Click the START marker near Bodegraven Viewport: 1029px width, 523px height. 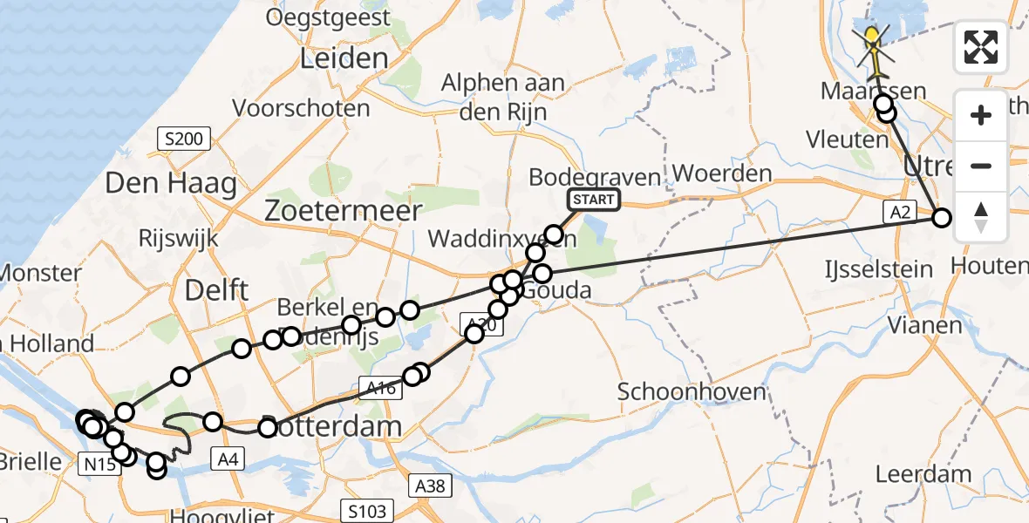594,200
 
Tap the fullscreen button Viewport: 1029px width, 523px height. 981,47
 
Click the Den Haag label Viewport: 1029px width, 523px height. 171,184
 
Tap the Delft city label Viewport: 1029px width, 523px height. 217,290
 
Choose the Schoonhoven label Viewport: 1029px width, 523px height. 692,391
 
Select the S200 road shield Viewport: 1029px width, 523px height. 181,138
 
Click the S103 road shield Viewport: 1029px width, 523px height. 367,510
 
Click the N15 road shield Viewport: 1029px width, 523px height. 100,465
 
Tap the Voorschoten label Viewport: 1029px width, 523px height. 302,109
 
